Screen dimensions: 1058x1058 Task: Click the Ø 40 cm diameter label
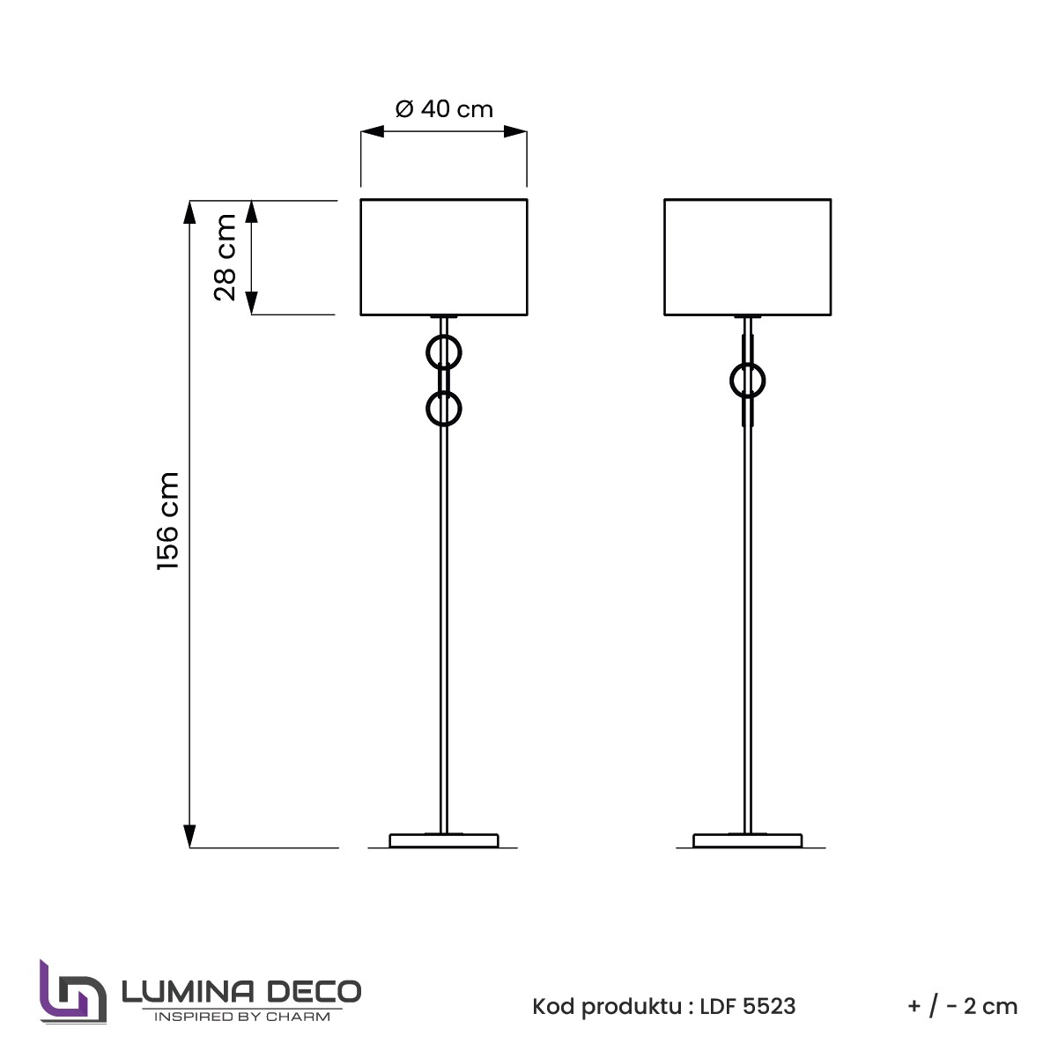coord(444,108)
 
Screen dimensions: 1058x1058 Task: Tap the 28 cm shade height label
coord(226,257)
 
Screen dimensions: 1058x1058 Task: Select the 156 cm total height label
coord(168,521)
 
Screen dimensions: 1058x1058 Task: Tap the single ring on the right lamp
coord(731,381)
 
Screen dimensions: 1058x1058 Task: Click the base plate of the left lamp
coord(444,840)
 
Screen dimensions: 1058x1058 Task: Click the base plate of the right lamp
coord(748,840)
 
